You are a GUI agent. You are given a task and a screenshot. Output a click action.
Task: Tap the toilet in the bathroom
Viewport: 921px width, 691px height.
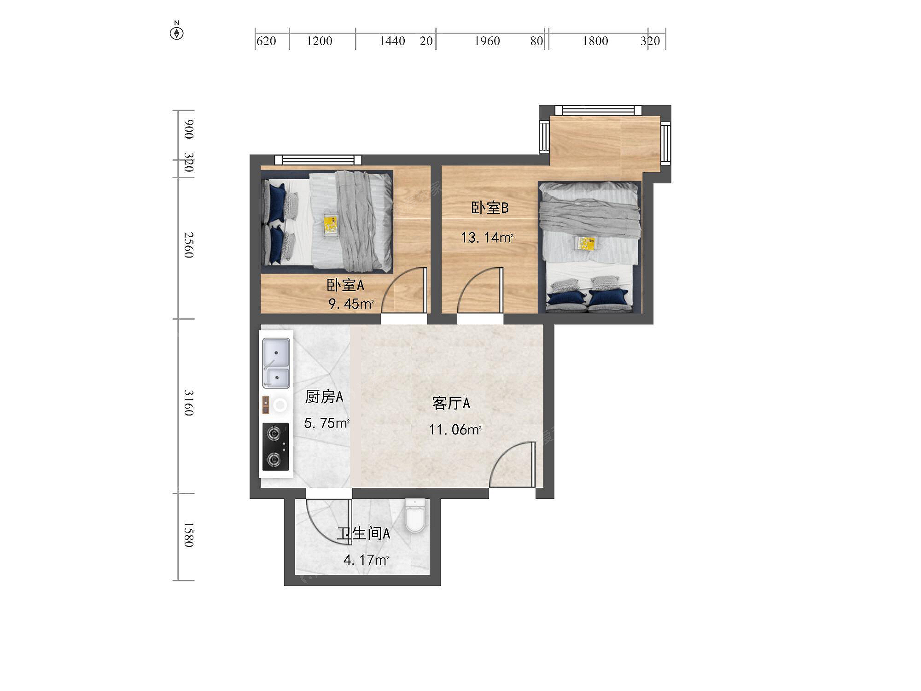click(x=415, y=515)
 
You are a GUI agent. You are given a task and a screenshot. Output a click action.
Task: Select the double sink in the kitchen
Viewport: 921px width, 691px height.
click(x=276, y=363)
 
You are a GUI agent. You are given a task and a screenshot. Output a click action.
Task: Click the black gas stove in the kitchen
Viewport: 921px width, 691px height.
click(x=276, y=447)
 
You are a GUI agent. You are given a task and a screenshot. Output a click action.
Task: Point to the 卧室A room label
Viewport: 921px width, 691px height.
click(x=345, y=285)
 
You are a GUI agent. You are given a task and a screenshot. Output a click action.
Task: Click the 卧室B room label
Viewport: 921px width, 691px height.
click(x=490, y=208)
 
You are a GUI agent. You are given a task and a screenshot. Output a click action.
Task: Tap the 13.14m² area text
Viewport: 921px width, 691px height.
click(x=487, y=238)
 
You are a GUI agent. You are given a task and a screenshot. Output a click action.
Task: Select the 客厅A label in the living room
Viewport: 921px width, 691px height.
click(x=451, y=404)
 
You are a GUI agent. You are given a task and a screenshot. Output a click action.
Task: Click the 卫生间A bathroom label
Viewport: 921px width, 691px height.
click(x=364, y=533)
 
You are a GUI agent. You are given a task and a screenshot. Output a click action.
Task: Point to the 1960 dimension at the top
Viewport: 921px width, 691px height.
click(x=487, y=41)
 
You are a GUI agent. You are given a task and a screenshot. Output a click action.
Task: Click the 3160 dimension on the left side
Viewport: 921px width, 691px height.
click(x=189, y=403)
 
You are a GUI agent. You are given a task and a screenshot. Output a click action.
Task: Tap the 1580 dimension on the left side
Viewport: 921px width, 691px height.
click(x=189, y=534)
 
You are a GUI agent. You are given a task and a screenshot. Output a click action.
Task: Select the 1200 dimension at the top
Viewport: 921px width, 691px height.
click(x=320, y=41)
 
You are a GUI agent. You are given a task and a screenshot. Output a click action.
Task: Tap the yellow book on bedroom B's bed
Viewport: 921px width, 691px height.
click(x=587, y=243)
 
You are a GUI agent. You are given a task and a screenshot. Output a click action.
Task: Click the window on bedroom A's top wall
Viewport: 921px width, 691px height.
click(x=318, y=160)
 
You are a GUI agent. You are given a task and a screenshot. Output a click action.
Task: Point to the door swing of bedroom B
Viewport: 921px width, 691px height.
click(x=480, y=290)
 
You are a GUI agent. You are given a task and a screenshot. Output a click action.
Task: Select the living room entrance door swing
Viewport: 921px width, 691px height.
click(x=512, y=464)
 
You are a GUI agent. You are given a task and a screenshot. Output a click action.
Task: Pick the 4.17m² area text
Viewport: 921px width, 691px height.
click(x=367, y=560)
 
